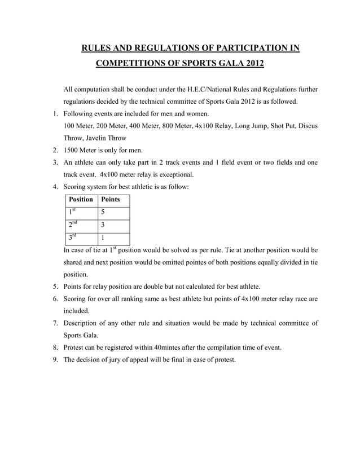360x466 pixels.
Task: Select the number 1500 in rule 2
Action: point(72,151)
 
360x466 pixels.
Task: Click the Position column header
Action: point(81,200)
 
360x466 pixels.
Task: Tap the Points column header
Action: point(110,200)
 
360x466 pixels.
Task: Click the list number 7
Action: point(56,324)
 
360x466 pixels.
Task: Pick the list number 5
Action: point(56,287)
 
